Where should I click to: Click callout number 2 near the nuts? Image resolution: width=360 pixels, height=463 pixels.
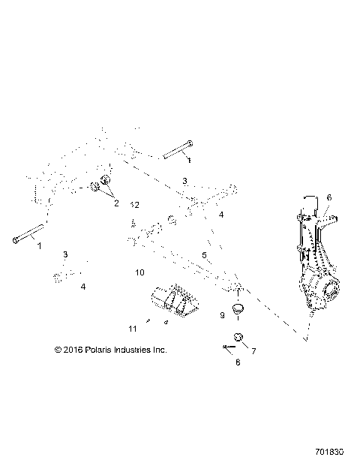point(116,203)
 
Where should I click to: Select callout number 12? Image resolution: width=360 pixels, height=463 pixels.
point(135,204)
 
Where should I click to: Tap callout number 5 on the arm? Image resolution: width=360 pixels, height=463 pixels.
point(204,255)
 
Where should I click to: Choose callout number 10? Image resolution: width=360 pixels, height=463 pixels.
point(139,272)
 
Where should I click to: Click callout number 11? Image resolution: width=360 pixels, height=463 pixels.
point(133,329)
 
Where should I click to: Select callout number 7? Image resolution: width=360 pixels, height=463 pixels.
point(253,350)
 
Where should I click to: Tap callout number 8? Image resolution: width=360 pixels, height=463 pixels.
point(238,362)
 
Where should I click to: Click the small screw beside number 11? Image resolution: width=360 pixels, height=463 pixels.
point(149,323)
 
